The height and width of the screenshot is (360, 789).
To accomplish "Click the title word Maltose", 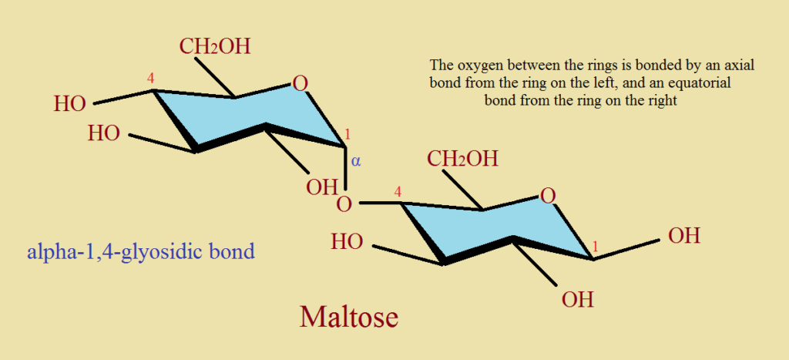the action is tap(349, 317).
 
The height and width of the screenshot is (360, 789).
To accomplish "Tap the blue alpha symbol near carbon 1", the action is tap(356, 162).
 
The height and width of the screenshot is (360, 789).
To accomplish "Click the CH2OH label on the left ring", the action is tap(215, 46).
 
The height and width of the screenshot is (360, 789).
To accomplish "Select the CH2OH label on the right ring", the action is tap(463, 159).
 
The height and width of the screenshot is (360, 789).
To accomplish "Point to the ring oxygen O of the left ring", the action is tap(300, 83).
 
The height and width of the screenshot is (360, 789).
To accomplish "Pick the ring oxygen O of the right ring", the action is tap(549, 195).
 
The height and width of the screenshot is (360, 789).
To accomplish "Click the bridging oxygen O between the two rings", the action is tap(344, 205).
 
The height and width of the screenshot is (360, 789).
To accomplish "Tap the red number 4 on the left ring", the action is tap(150, 78).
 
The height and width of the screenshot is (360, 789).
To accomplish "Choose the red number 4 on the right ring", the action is tap(398, 192).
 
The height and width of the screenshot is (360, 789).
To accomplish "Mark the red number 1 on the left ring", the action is tap(347, 135).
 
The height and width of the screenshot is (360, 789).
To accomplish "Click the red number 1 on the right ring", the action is tap(596, 247).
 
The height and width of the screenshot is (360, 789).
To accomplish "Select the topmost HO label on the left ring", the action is tap(70, 104).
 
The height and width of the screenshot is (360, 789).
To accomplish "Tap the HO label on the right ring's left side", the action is tap(347, 242).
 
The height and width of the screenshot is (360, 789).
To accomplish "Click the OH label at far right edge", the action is tap(684, 236).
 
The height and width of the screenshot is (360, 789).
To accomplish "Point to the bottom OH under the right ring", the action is tap(578, 300).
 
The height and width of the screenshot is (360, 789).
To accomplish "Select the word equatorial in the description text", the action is tap(703, 82).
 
